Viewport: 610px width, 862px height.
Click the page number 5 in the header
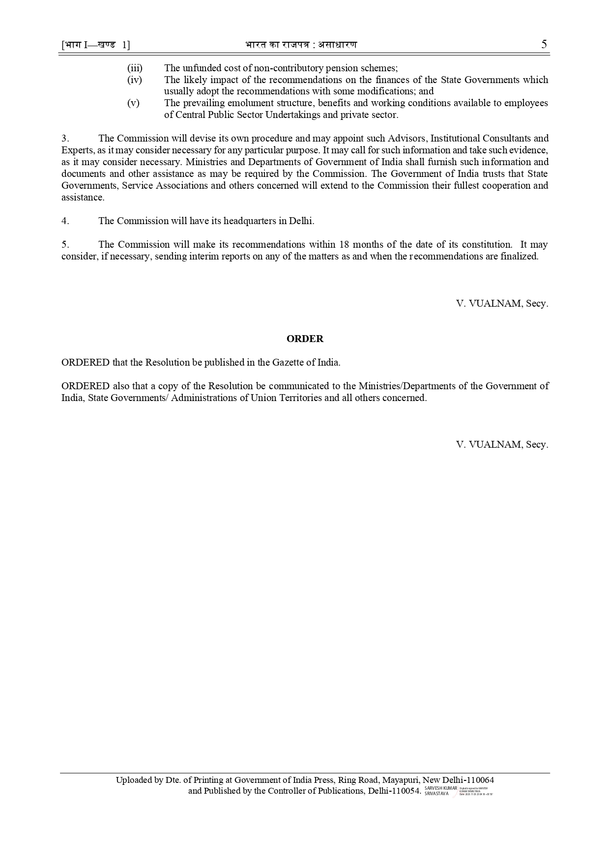pos(544,44)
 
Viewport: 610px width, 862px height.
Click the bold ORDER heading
pos(305,339)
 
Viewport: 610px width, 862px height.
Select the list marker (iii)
pos(135,68)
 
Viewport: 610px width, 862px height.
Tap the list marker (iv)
pos(134,80)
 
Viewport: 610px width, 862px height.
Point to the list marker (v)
pos(133,103)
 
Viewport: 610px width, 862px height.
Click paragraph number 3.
pos(65,138)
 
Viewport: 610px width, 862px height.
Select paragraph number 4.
pos(65,221)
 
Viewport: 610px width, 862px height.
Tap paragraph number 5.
pos(65,244)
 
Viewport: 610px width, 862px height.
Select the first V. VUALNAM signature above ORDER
pos(501,303)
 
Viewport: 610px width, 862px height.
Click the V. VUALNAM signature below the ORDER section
pos(501,444)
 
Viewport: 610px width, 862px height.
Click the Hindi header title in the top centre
pos(301,45)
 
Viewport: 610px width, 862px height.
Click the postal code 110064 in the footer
pos(478,780)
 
